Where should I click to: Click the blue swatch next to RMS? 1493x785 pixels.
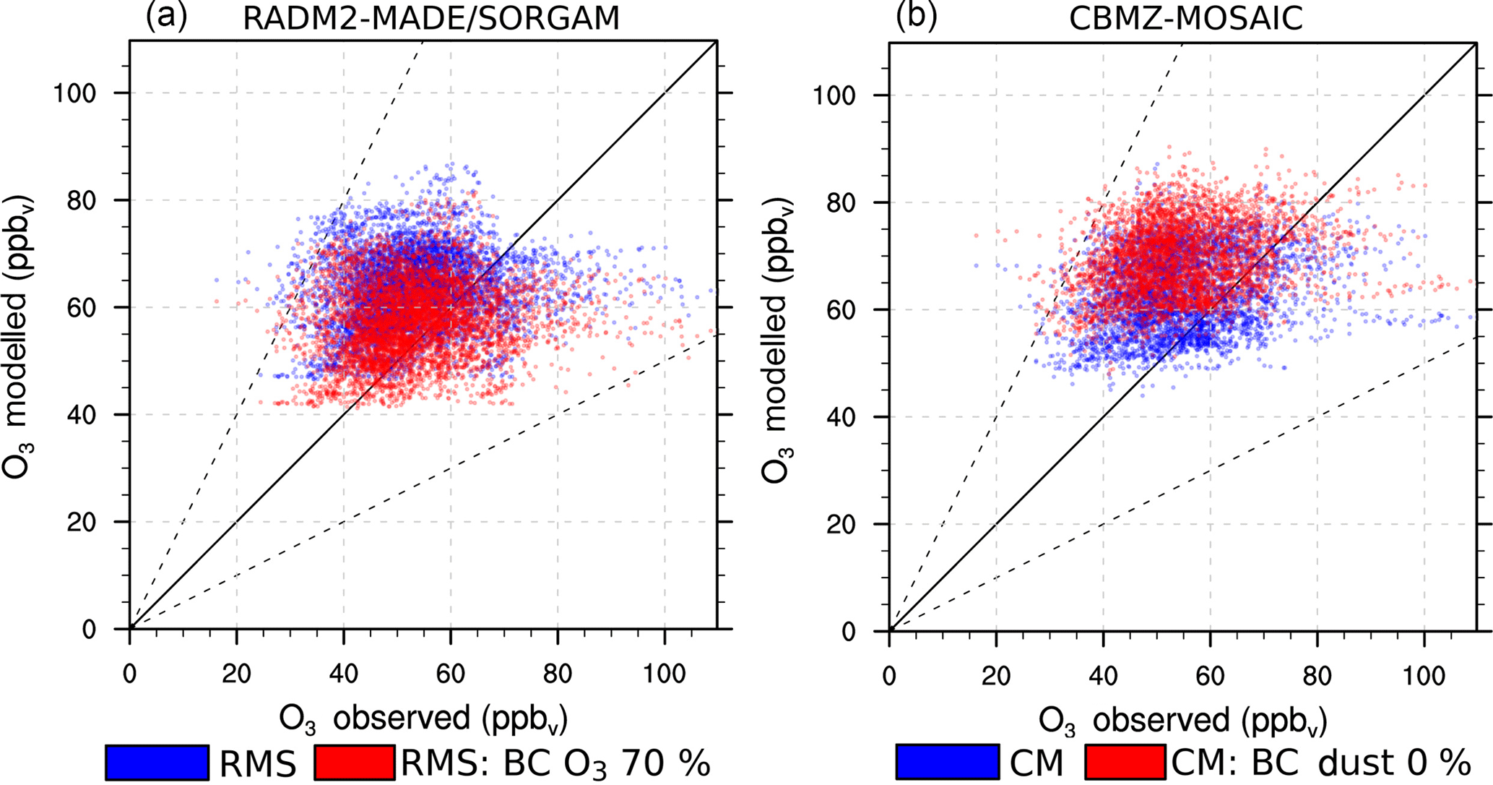(x=157, y=763)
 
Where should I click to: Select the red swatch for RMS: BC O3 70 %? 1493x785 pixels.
(x=355, y=763)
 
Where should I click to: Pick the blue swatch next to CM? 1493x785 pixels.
(x=948, y=763)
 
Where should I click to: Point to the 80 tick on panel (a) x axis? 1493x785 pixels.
(x=557, y=674)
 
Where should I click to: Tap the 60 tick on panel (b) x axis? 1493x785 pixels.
(x=1210, y=677)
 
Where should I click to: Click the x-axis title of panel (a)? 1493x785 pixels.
(x=423, y=719)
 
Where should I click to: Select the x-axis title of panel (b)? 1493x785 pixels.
(x=1183, y=721)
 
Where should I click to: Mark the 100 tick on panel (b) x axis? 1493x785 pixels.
(x=1424, y=677)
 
